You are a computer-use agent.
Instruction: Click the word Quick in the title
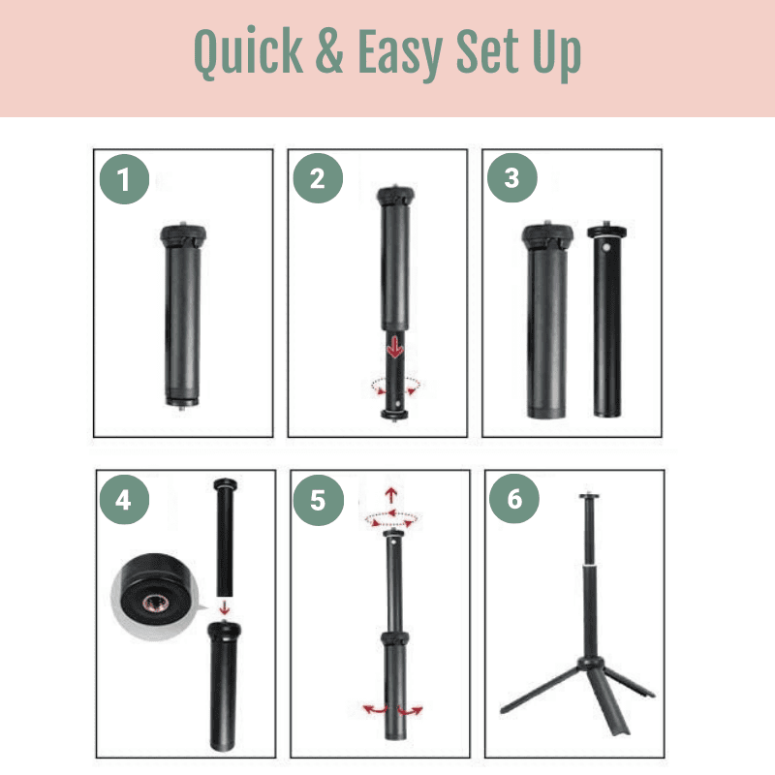[248, 52]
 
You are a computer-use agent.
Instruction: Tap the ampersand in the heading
[329, 50]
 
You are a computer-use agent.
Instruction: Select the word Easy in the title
[399, 54]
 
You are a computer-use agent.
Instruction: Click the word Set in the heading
[487, 51]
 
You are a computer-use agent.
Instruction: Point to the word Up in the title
[556, 54]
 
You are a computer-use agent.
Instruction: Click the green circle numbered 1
[124, 179]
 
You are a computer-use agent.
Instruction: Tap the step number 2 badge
[318, 178]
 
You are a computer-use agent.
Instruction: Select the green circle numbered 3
[512, 177]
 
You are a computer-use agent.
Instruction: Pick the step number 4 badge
[124, 499]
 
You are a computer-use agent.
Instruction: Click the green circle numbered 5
[319, 500]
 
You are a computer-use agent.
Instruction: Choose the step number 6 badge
[514, 498]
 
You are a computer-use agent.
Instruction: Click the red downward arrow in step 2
[394, 347]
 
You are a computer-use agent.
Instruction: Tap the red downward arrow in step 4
[225, 607]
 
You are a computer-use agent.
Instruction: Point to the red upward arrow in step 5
[391, 495]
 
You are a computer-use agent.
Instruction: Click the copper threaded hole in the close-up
[156, 603]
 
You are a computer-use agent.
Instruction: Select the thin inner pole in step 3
[607, 321]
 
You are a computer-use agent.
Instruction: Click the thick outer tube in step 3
[547, 321]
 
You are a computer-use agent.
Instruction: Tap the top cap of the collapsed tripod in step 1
[183, 234]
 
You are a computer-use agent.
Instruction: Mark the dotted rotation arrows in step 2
[395, 386]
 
